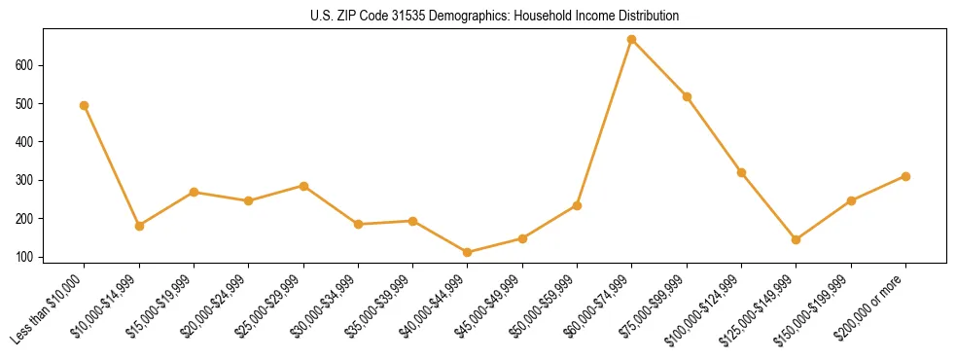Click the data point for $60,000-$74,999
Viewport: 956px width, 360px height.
coord(632,40)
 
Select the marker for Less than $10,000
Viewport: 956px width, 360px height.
coord(85,105)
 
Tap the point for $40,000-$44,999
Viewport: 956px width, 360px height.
coord(468,253)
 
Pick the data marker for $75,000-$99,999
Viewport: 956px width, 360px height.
coord(687,96)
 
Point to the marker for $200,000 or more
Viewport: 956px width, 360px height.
coord(905,176)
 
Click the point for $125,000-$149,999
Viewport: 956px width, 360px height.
coord(797,239)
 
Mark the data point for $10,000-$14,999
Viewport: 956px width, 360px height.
coord(139,226)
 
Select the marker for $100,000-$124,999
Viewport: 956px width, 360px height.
coord(741,173)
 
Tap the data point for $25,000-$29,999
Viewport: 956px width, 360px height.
coord(303,186)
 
